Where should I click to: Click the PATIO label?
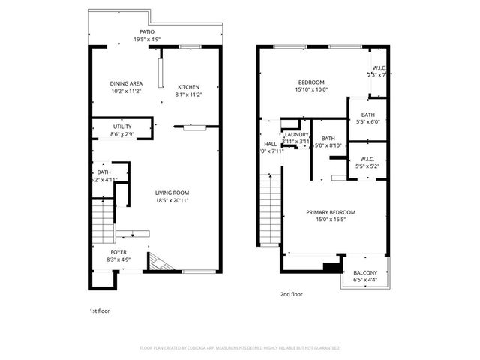[147, 32]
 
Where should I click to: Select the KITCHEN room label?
[188, 87]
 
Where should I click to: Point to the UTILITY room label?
[122, 127]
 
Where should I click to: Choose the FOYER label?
[119, 252]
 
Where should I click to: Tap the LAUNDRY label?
[297, 134]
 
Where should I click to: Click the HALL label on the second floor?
[270, 144]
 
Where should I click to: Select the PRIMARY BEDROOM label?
[331, 213]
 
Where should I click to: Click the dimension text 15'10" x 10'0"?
[311, 89]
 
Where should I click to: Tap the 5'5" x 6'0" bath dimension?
[367, 121]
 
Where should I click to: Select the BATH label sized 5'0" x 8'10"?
[328, 139]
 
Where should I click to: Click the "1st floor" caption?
[99, 310]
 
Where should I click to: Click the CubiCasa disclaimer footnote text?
[239, 348]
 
